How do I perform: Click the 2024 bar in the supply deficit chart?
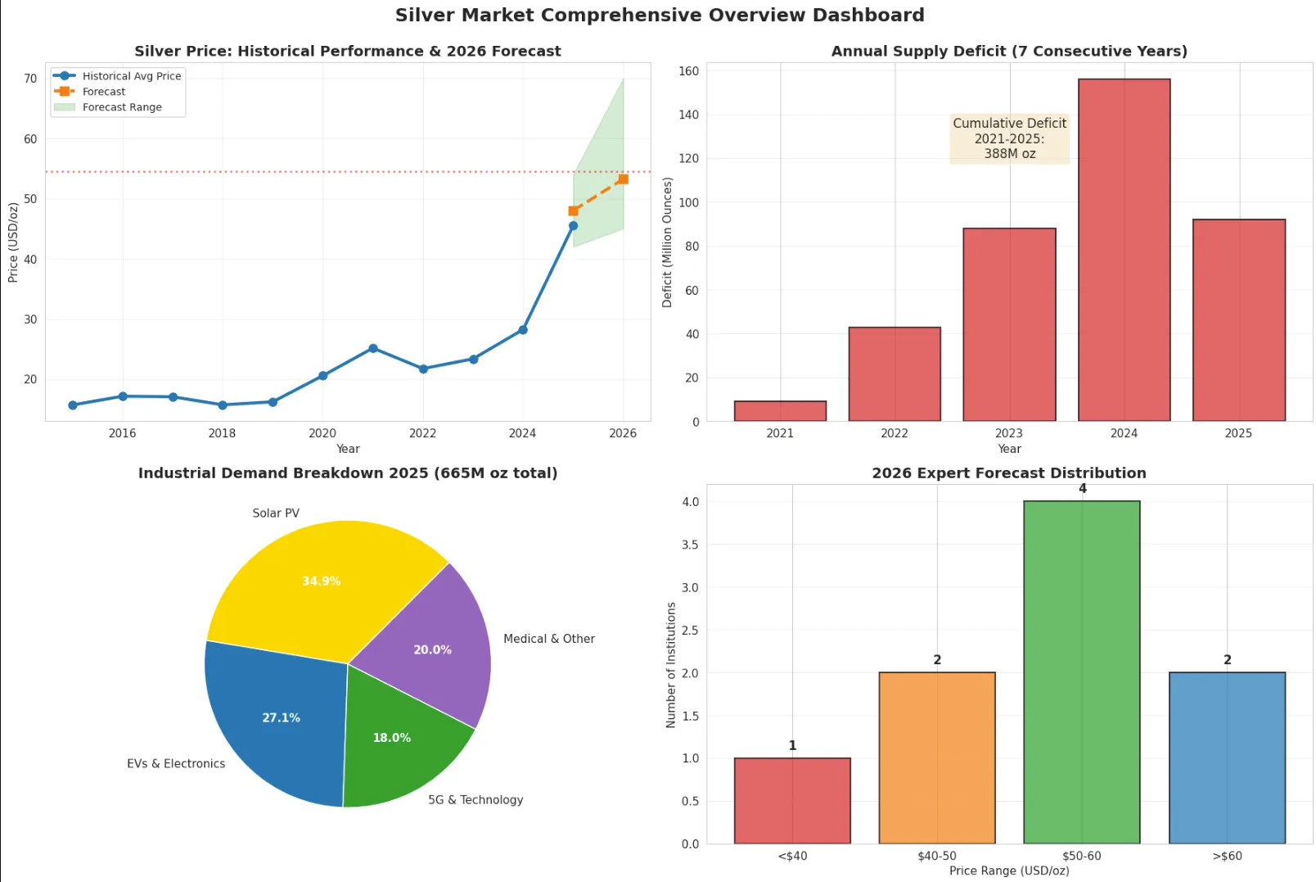pyautogui.click(x=1124, y=250)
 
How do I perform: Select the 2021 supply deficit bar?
pyautogui.click(x=780, y=411)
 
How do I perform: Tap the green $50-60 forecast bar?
pyautogui.click(x=1081, y=672)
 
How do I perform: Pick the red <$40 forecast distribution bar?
pyautogui.click(x=792, y=800)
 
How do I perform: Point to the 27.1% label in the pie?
pyautogui.click(x=281, y=718)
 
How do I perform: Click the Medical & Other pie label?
pyautogui.click(x=548, y=639)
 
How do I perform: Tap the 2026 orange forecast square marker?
pyautogui.click(x=623, y=179)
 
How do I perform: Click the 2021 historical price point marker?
pyautogui.click(x=373, y=348)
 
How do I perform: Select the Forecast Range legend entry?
pyautogui.click(x=121, y=107)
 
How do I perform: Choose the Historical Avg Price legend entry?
pyautogui.click(x=131, y=76)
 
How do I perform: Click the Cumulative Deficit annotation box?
pyautogui.click(x=1009, y=138)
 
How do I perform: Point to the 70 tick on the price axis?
pyautogui.click(x=30, y=79)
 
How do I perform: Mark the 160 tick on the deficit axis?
pyautogui.click(x=688, y=71)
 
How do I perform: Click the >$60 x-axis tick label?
pyautogui.click(x=1227, y=856)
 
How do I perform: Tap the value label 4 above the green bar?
pyautogui.click(x=1082, y=489)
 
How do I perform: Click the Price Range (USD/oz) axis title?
pyautogui.click(x=1008, y=871)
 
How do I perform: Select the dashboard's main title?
pyautogui.click(x=659, y=16)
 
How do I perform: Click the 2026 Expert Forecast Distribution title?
pyautogui.click(x=1008, y=473)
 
